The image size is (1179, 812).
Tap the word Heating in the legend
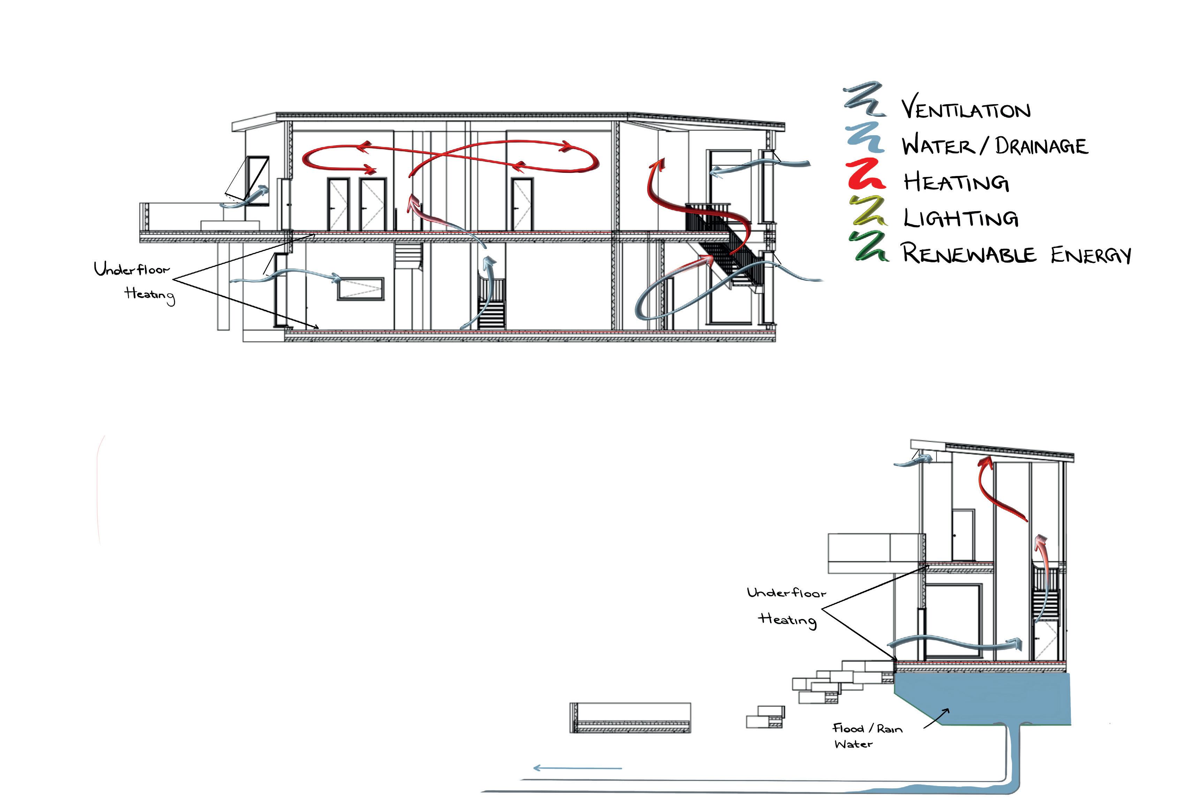[x=956, y=182]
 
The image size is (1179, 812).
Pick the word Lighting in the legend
[x=960, y=218]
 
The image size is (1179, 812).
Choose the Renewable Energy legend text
[x=1016, y=253]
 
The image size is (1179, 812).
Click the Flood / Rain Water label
[x=867, y=736]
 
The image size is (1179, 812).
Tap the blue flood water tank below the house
[x=982, y=699]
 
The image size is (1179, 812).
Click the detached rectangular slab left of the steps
[x=630, y=718]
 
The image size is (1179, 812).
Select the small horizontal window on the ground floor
[x=360, y=289]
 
